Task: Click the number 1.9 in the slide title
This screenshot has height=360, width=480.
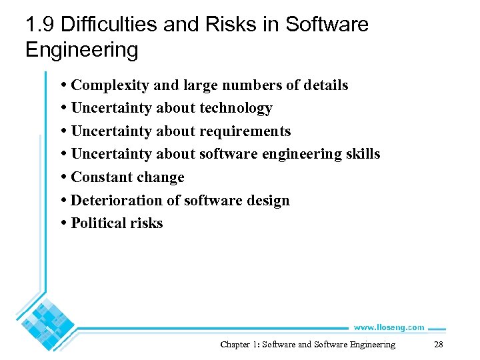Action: (x=39, y=25)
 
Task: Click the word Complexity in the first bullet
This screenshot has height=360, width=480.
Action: (x=110, y=85)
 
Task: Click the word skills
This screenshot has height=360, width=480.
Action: (x=363, y=154)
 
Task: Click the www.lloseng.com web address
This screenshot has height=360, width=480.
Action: (x=389, y=327)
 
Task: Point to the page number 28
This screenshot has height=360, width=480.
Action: (x=438, y=345)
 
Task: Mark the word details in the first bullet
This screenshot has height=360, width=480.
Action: (x=326, y=85)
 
